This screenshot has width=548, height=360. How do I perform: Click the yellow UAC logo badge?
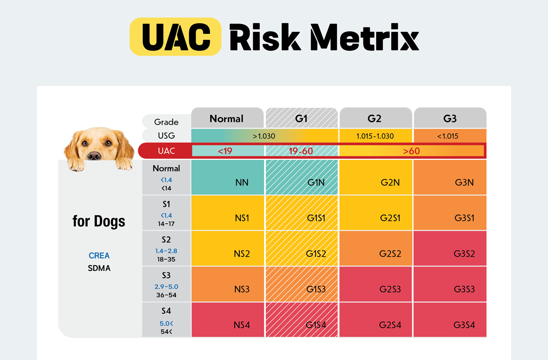tap(175, 37)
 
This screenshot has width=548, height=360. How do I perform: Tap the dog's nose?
tap(94, 156)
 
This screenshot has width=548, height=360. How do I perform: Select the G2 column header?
tap(374, 119)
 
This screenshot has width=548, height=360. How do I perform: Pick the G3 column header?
tap(450, 119)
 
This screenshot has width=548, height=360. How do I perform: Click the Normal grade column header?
tap(227, 119)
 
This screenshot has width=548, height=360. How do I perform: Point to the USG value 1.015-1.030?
tap(374, 136)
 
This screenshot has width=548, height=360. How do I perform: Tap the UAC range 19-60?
tap(301, 151)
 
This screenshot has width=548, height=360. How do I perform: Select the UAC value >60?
tap(411, 151)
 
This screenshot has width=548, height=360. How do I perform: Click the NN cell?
tap(242, 183)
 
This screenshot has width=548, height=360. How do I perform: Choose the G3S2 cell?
tap(464, 254)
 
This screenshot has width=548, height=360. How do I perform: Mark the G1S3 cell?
tap(316, 289)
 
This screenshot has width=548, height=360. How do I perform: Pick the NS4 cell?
tap(242, 325)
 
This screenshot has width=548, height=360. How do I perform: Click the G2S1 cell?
tap(390, 218)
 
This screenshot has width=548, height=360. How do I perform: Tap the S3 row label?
tap(166, 276)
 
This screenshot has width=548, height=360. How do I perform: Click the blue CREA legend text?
tap(99, 256)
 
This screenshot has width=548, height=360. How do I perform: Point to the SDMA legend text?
tap(99, 268)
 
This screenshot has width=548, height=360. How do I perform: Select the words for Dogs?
tap(99, 222)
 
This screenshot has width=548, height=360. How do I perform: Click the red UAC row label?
tap(166, 151)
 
